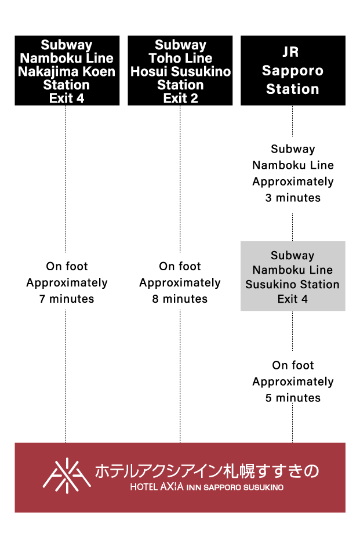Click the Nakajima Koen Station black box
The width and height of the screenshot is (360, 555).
[x=67, y=71]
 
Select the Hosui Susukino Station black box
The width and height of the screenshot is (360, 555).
[x=180, y=71]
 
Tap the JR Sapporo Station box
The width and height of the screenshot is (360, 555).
[x=293, y=71]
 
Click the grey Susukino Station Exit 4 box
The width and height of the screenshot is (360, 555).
[x=293, y=276]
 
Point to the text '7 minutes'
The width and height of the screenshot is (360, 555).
[x=67, y=299]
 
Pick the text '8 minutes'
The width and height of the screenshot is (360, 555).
[x=180, y=299]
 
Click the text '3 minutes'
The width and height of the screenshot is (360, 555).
[x=293, y=198]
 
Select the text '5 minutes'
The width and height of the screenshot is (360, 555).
[x=293, y=398]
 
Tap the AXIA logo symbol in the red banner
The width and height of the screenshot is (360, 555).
[x=67, y=476]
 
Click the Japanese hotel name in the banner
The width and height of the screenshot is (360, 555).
[x=207, y=470]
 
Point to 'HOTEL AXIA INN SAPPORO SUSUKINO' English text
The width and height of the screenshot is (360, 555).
[x=207, y=488]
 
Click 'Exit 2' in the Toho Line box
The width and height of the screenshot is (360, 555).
[x=180, y=99]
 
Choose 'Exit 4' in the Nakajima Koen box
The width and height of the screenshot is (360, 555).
[x=67, y=99]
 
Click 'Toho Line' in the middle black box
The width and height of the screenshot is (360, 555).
[x=180, y=58]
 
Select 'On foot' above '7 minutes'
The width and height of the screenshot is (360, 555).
[x=67, y=267]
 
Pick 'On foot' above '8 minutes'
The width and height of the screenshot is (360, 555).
[x=180, y=267]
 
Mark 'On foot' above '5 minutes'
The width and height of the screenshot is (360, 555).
[x=293, y=365]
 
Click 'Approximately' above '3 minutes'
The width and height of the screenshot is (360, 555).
[x=293, y=182]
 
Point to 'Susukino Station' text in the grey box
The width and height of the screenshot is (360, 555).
[x=293, y=285]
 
